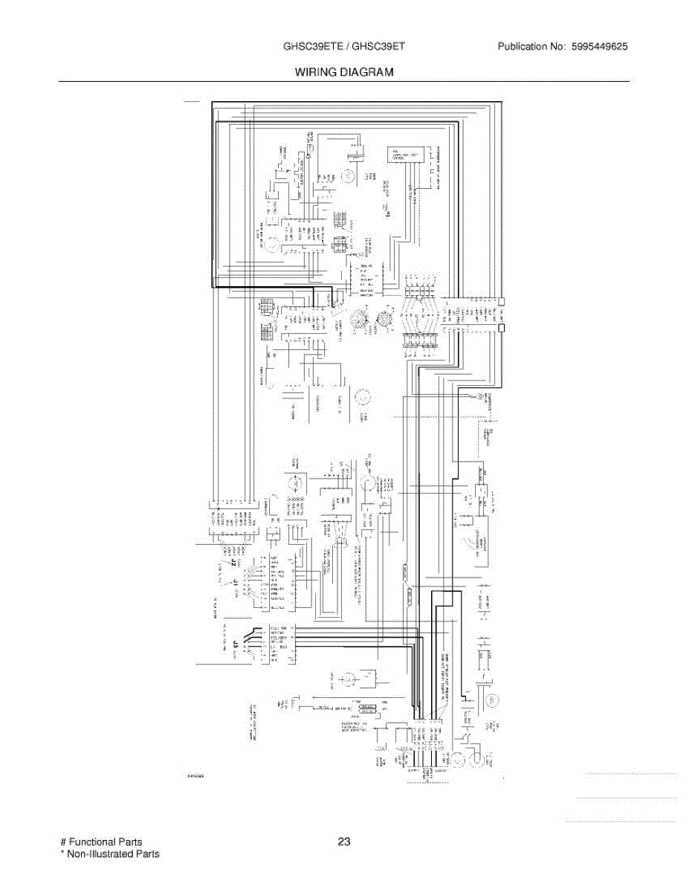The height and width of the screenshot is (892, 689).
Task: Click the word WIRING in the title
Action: (315, 72)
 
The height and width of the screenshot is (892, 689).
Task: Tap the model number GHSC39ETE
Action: (313, 47)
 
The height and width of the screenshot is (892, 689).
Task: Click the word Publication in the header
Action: (523, 47)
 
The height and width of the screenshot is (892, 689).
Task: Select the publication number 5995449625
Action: (600, 47)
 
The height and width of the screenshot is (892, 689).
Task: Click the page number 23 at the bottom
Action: (343, 842)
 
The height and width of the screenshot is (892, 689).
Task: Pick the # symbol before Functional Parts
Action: (63, 842)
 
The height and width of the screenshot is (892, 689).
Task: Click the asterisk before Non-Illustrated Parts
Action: (62, 855)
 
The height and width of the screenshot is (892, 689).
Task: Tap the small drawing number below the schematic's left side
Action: (195, 775)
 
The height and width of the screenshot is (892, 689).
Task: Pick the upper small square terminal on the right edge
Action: (502, 302)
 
